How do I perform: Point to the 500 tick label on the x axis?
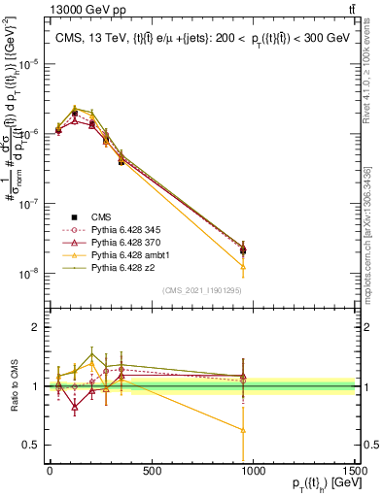151,470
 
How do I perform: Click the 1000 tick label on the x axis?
254,470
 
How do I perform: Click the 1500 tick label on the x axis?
356,470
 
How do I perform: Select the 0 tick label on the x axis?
50,470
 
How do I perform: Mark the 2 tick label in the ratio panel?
35,327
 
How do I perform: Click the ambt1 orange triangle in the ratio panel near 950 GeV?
243,430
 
